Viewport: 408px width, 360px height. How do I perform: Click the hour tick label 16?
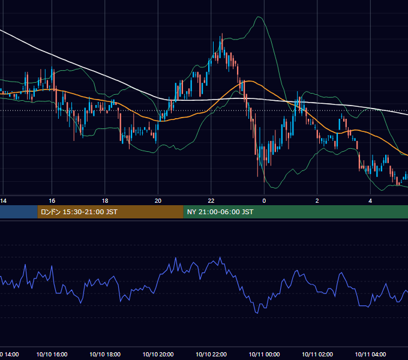pyautogui.click(x=52, y=201)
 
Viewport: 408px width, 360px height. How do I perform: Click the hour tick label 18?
pyautogui.click(x=105, y=201)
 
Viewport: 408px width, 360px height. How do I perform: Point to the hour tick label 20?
pyautogui.click(x=158, y=201)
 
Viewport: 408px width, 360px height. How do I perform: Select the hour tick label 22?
pyautogui.click(x=211, y=201)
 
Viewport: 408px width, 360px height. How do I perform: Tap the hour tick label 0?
pyautogui.click(x=264, y=201)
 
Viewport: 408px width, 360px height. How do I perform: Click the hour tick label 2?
pyautogui.click(x=317, y=201)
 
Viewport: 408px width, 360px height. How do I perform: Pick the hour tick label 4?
pyautogui.click(x=370, y=201)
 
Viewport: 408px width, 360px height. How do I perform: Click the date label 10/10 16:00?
pyautogui.click(x=52, y=354)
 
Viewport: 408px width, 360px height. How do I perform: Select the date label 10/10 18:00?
pyautogui.click(x=105, y=354)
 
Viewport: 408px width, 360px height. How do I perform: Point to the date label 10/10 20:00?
pyautogui.click(x=158, y=354)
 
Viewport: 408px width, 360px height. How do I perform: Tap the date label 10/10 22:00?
pyautogui.click(x=211, y=354)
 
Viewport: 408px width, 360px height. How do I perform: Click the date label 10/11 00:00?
pyautogui.click(x=264, y=354)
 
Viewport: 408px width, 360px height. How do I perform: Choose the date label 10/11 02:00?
pyautogui.click(x=317, y=354)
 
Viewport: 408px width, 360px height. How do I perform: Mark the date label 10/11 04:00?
pyautogui.click(x=370, y=354)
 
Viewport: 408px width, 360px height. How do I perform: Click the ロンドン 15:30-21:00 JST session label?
pyautogui.click(x=79, y=212)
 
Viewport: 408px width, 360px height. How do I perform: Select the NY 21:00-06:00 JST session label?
pyautogui.click(x=220, y=212)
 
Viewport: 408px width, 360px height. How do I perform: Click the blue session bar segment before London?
pyautogui.click(x=19, y=212)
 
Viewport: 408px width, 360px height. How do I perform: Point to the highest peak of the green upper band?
pyautogui.click(x=259, y=17)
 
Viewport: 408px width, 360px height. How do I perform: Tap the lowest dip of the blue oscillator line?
pyautogui.click(x=257, y=313)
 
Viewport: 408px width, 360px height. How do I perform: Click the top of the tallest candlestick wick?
pyautogui.click(x=222, y=34)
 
